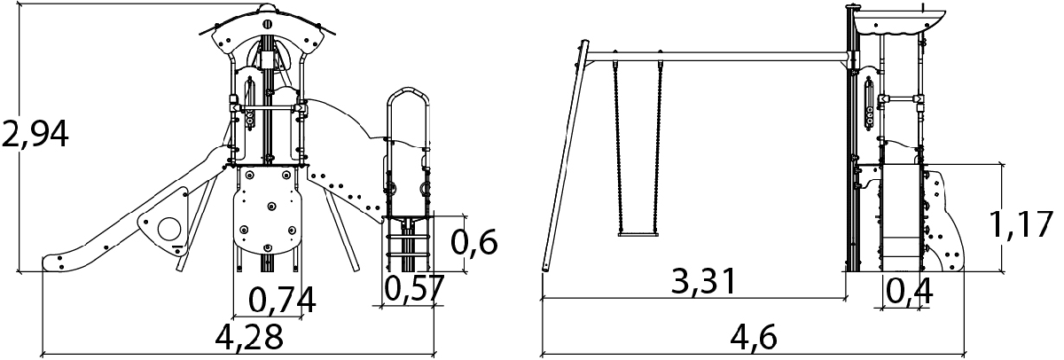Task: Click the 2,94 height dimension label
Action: (35, 134)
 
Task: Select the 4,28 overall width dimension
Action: (249, 337)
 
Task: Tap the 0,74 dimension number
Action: (282, 301)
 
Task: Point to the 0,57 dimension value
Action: (414, 288)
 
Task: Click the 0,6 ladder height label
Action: (473, 242)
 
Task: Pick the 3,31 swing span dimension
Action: (703, 281)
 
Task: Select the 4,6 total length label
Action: (754, 337)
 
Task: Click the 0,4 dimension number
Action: (909, 291)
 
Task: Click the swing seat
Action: (638, 234)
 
